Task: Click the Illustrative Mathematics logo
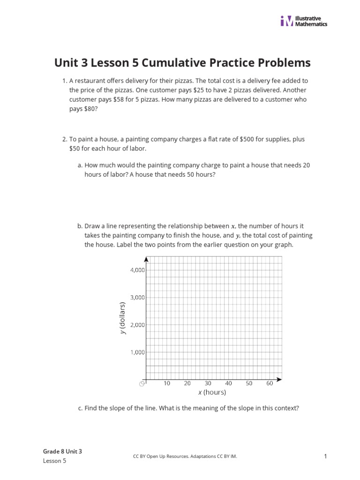tap(303, 21)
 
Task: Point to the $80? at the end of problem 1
tap(91, 108)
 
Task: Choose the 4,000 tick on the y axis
tap(137, 270)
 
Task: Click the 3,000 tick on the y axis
tap(137, 297)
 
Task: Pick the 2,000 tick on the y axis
tap(137, 324)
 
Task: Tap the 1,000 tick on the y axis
tap(137, 352)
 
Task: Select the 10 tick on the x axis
tap(167, 383)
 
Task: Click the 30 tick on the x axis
tap(208, 383)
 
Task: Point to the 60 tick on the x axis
tap(270, 383)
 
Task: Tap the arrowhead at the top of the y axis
tap(147, 259)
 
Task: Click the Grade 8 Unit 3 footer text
tap(62, 451)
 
